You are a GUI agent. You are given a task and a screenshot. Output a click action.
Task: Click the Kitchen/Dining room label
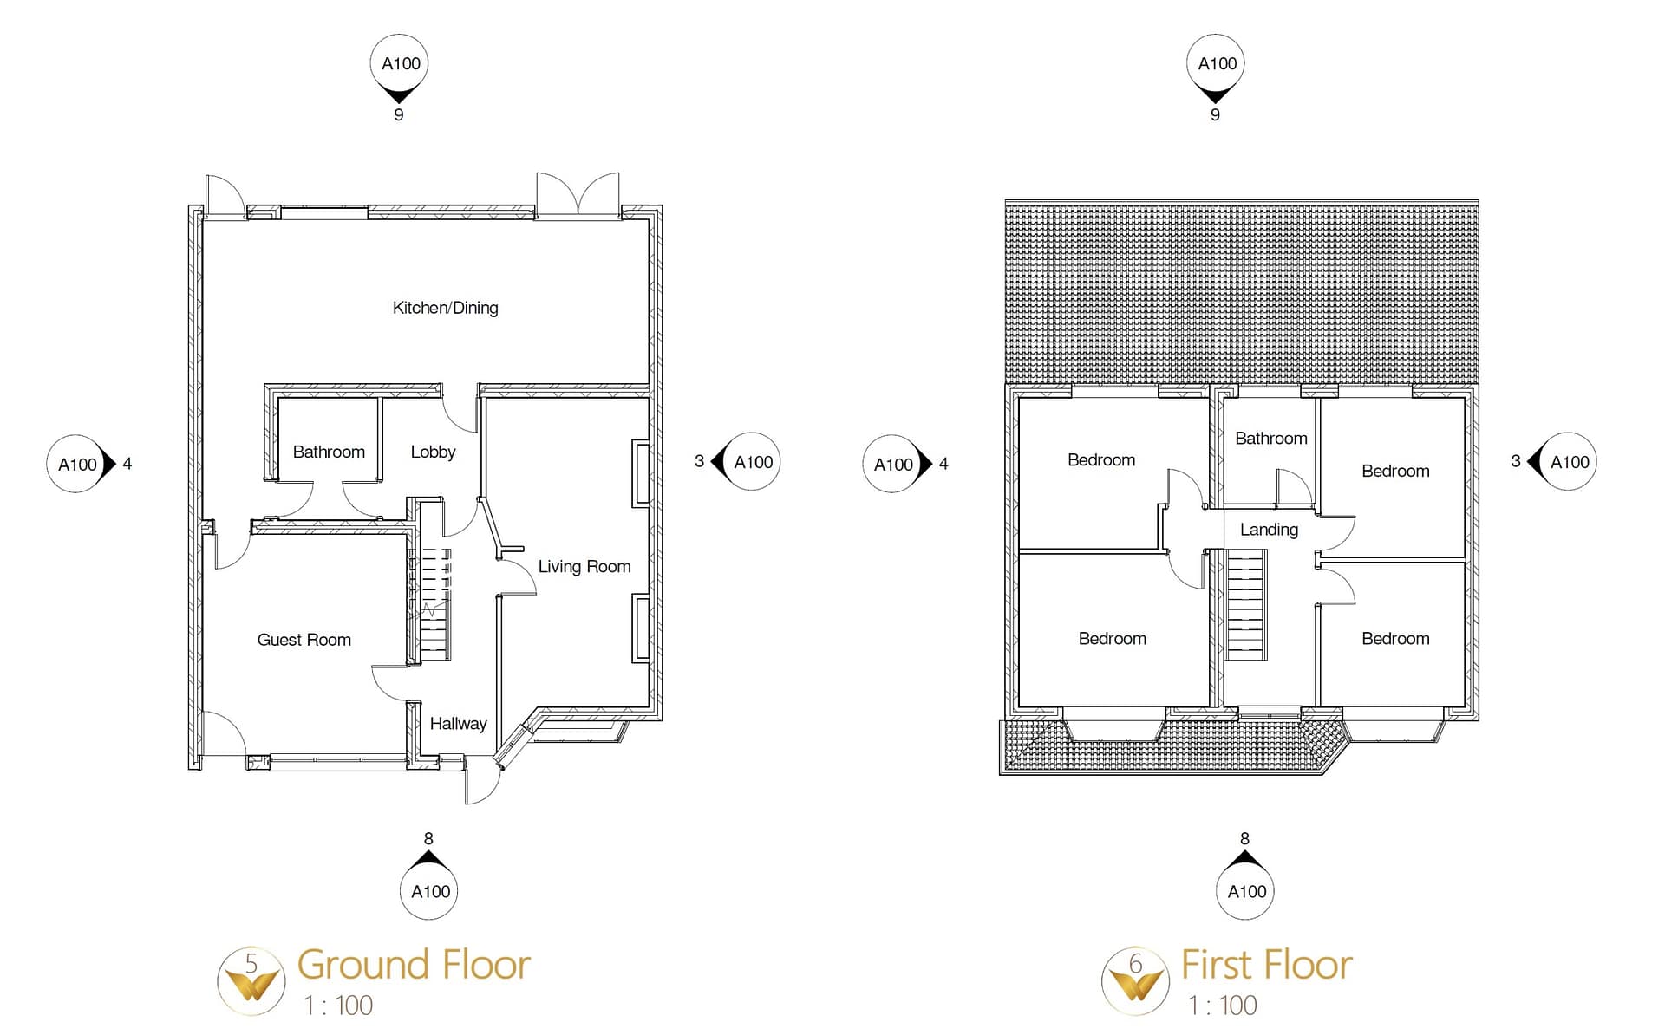(445, 308)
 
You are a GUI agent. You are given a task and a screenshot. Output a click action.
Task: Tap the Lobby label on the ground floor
(433, 452)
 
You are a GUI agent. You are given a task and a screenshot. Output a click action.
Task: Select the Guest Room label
(304, 640)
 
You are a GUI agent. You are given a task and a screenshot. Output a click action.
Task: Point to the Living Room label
(584, 566)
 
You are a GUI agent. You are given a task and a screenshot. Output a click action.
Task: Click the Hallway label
(458, 723)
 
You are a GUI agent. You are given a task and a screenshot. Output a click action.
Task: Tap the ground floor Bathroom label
(329, 452)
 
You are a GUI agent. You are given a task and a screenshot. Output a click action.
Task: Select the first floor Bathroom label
(1270, 439)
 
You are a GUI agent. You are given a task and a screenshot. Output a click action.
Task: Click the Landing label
(1269, 530)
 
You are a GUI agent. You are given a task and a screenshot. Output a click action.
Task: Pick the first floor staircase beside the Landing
(1246, 606)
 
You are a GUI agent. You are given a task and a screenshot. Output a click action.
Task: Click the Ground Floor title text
(414, 965)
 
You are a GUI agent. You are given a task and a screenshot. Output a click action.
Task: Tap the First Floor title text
(1266, 965)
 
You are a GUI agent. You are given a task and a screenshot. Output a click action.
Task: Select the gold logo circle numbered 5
(251, 980)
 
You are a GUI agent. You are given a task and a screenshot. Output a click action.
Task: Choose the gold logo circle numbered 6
(1135, 980)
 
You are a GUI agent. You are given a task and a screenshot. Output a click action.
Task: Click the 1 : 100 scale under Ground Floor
(338, 1006)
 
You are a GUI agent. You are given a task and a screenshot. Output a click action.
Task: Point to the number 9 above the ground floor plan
(399, 114)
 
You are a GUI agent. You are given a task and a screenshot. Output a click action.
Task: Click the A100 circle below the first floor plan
(1246, 891)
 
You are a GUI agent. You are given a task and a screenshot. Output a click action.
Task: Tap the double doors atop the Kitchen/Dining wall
(578, 195)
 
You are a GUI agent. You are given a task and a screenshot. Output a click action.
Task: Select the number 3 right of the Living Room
(699, 461)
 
